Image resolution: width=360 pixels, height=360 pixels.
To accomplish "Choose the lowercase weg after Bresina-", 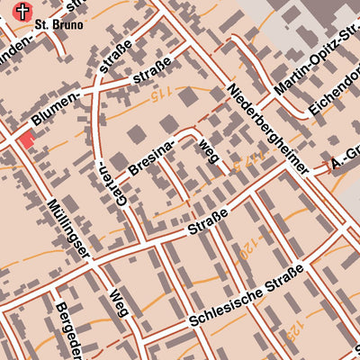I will point(208,152).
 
